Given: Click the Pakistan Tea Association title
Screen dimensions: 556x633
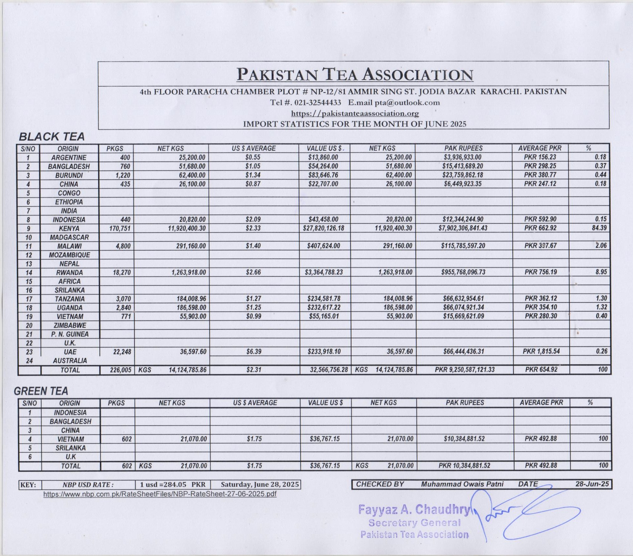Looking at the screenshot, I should click(355, 75).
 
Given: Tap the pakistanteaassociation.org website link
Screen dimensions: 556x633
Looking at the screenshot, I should click(355, 113).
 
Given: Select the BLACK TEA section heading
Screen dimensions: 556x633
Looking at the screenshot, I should click(52, 136).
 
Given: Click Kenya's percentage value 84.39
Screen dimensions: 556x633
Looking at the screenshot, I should click(599, 228).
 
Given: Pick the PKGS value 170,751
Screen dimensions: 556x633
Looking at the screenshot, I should click(120, 228).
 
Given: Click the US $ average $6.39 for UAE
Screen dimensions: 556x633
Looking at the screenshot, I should click(254, 352).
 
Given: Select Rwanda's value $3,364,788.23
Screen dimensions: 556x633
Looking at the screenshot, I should click(324, 272).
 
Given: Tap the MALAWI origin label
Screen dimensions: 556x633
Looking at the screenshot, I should click(69, 246).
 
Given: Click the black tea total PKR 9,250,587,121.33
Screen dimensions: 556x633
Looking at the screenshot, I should click(464, 370).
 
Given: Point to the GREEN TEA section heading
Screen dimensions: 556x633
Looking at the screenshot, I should click(41, 391).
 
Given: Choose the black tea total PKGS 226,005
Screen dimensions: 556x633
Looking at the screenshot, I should click(120, 370).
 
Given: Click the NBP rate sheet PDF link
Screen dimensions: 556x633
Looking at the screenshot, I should click(160, 494).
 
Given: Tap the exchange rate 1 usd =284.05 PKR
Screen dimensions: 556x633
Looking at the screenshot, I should click(172, 484).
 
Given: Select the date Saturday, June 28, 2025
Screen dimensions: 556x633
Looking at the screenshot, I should click(260, 484).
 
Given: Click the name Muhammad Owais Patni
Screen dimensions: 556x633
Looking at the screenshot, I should click(462, 484).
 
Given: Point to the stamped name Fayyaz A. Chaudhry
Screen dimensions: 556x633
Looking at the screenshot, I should click(414, 510).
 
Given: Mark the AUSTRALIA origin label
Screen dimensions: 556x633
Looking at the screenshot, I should click(70, 361).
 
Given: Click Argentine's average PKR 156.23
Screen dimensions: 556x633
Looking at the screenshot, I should click(540, 157).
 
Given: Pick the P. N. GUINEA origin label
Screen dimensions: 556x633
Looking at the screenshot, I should click(70, 334).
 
